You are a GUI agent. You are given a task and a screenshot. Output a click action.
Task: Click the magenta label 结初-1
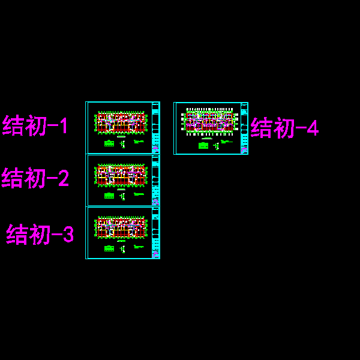(36, 126)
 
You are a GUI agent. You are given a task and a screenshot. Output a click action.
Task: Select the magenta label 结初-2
(36, 179)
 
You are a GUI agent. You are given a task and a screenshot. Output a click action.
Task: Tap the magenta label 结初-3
(40, 235)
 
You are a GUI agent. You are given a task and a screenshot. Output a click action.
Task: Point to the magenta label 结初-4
(285, 128)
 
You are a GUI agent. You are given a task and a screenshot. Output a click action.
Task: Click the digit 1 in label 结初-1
(63, 126)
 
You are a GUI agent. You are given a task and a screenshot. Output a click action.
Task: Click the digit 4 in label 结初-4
(312, 128)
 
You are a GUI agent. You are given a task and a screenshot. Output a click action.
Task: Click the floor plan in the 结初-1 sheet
(121, 122)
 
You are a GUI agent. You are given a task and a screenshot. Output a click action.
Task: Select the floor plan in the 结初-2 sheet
(121, 175)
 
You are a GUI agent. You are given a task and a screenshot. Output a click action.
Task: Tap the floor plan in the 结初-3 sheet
(121, 227)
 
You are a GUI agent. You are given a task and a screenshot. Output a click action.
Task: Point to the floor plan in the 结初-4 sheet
(209, 121)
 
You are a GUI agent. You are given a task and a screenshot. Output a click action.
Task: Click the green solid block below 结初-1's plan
(109, 143)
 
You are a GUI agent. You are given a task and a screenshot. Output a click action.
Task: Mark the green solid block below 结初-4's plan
(203, 145)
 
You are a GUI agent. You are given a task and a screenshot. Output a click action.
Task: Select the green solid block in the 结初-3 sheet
(109, 248)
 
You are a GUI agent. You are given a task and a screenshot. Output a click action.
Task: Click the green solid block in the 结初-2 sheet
(109, 196)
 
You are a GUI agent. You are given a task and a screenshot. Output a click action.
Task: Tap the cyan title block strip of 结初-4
(244, 128)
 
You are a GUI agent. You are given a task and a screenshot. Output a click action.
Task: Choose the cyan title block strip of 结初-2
(155, 180)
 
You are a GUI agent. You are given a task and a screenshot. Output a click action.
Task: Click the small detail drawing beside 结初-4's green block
(216, 145)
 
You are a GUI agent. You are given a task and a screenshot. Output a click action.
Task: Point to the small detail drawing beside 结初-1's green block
(122, 144)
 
